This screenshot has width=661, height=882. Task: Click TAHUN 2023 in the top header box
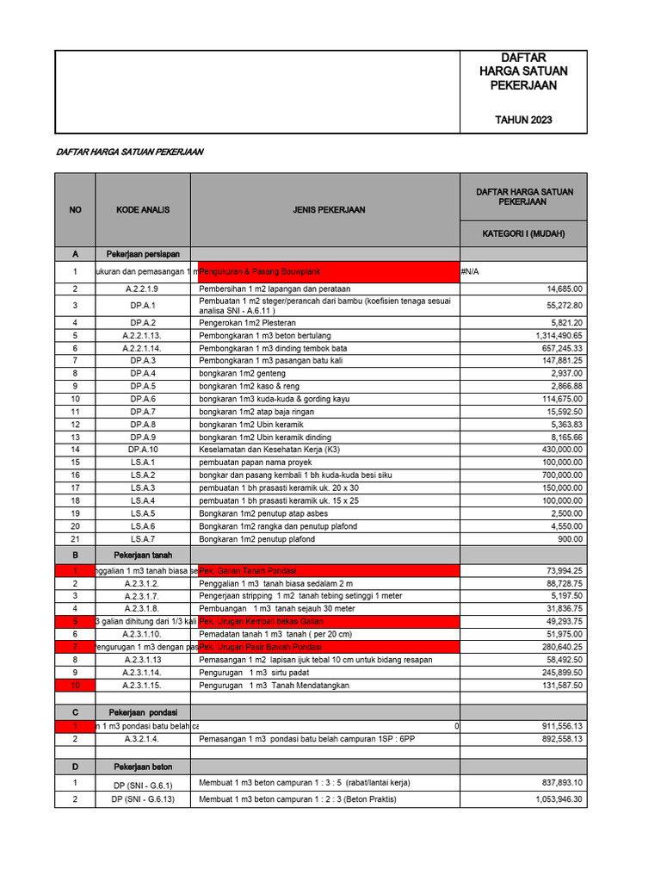click(523, 120)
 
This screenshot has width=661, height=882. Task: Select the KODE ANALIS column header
click(143, 209)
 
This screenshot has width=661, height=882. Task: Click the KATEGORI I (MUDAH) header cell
click(523, 233)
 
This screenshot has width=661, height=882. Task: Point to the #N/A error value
click(470, 271)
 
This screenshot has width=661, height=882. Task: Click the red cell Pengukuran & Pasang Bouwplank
click(250, 271)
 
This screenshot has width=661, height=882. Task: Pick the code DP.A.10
click(143, 450)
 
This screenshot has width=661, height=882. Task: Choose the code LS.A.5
click(143, 513)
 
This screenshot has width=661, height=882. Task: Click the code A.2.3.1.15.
click(143, 685)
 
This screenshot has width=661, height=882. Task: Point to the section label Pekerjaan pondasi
click(143, 712)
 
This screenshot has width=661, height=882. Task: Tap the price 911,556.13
click(559, 726)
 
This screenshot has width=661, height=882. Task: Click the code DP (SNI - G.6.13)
click(143, 799)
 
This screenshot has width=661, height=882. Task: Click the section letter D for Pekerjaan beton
click(75, 766)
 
